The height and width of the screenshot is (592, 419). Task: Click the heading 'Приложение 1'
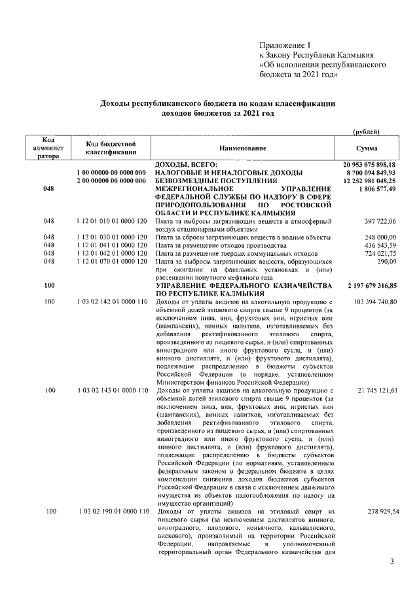pos(285,45)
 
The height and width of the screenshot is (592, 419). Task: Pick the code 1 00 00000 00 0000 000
pos(110,171)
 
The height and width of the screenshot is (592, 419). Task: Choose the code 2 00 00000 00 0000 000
pos(110,180)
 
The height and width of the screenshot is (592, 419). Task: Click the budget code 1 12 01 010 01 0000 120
pos(110,222)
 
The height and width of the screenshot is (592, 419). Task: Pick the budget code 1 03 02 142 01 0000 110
pos(110,301)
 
